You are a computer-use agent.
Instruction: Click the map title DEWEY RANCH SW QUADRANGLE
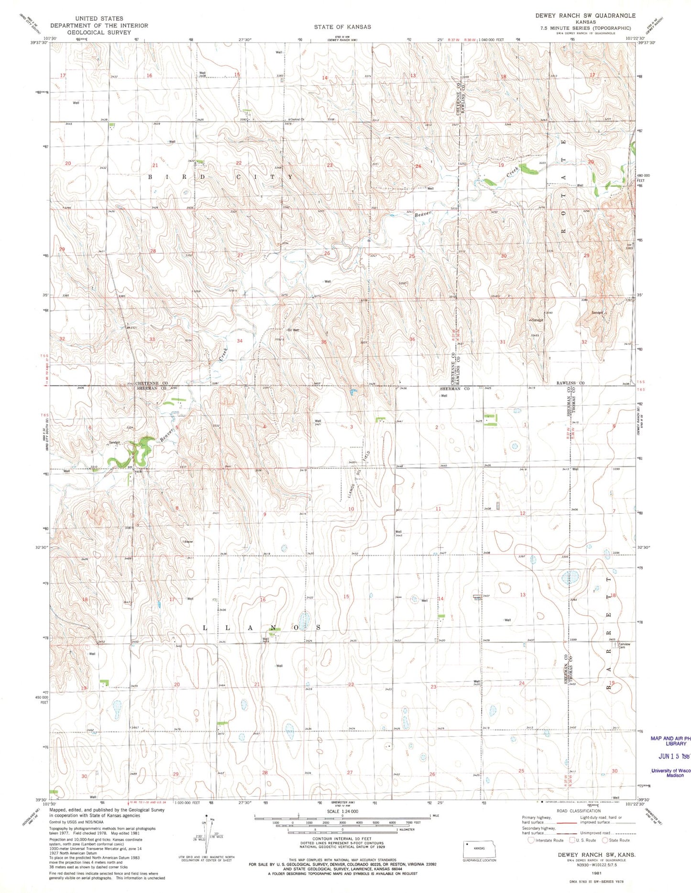[x=585, y=15]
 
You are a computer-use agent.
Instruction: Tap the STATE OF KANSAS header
[x=342, y=27]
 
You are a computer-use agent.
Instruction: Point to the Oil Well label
[x=293, y=330]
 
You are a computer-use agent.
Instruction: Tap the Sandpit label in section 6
[x=114, y=442]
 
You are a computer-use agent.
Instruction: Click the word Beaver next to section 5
[x=166, y=434]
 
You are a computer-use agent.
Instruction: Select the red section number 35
[x=324, y=342]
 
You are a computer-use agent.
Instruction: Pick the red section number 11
[x=438, y=509]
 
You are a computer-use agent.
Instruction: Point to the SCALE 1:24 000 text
[x=342, y=811]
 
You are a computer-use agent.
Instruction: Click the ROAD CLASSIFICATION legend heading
[x=579, y=811]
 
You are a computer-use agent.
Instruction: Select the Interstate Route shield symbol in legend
[x=530, y=840]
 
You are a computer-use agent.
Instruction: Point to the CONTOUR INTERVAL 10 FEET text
[x=342, y=839]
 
